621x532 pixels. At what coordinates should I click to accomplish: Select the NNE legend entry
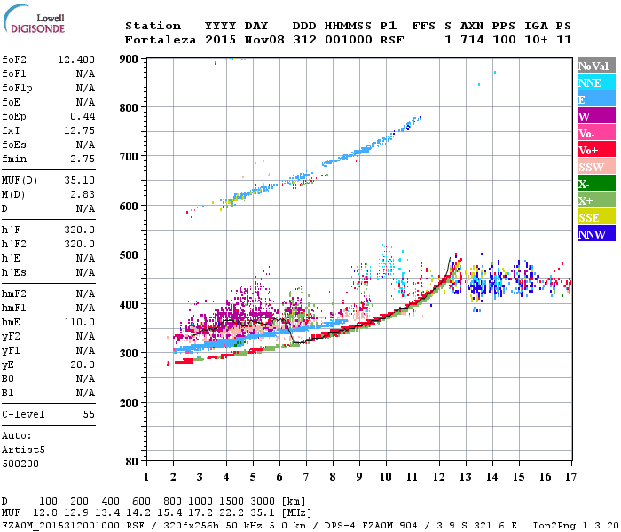[x=590, y=82]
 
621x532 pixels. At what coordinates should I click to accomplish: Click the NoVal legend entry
[x=592, y=66]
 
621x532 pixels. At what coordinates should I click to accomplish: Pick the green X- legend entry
[x=585, y=184]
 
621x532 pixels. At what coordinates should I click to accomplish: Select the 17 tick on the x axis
[x=570, y=477]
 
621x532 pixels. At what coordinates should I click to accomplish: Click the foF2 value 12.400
[x=76, y=59]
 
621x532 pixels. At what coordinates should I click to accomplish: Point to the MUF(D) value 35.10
[x=81, y=181]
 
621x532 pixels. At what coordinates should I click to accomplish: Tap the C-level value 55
[x=89, y=414]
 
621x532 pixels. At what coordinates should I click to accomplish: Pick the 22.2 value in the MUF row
[x=236, y=512]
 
